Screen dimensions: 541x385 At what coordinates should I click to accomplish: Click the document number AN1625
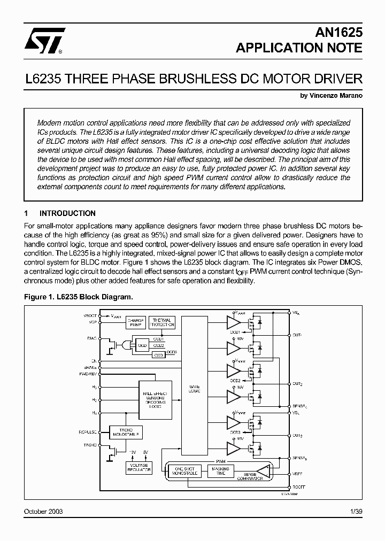pyautogui.click(x=338, y=32)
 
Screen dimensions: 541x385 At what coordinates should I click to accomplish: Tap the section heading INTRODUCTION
pyautogui.click(x=67, y=213)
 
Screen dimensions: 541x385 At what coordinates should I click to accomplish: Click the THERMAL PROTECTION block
pyautogui.click(x=161, y=322)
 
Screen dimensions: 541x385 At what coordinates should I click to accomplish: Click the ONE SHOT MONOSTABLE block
pyautogui.click(x=184, y=471)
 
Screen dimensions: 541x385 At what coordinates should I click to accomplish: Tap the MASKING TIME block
pyautogui.click(x=220, y=471)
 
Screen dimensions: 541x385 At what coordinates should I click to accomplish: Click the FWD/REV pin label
pyautogui.click(x=90, y=375)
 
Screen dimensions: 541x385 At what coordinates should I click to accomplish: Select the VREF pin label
pyautogui.click(x=298, y=474)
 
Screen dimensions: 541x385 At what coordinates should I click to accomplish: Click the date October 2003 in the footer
pyautogui.click(x=43, y=512)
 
